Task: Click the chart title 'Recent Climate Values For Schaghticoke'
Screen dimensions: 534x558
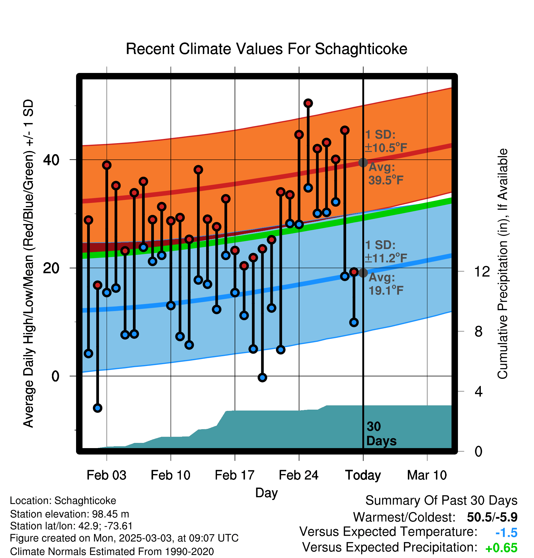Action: (266, 49)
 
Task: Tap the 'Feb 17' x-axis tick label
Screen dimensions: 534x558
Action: (235, 475)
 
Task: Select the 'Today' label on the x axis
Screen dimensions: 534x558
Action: (363, 475)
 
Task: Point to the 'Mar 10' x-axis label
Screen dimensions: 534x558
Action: (427, 475)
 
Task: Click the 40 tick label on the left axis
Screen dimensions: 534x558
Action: (51, 160)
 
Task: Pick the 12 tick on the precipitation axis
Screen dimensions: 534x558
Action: (482, 271)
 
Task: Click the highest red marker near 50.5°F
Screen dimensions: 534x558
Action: (308, 103)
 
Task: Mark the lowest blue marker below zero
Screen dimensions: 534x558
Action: (97, 408)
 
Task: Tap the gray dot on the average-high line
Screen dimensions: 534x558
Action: (363, 162)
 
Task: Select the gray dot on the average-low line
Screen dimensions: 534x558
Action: (363, 273)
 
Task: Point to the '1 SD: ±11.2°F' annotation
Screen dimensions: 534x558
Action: (386, 252)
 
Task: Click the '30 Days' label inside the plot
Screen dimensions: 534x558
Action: (381, 434)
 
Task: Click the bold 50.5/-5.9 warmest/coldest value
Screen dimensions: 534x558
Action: (492, 517)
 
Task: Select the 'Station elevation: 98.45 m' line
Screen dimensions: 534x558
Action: (70, 514)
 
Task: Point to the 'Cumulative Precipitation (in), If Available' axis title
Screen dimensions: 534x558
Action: (503, 264)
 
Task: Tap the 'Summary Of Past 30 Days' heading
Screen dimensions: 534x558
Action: (441, 501)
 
